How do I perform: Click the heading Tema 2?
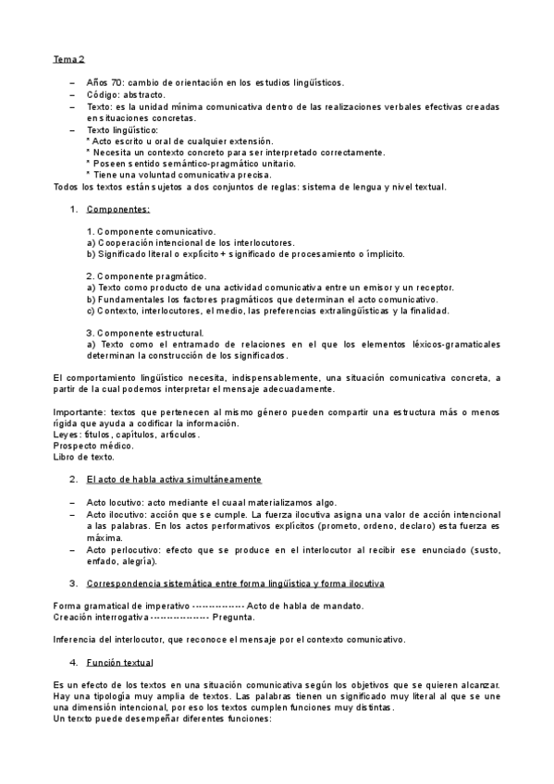(68, 59)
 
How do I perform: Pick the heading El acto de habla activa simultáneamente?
(174, 480)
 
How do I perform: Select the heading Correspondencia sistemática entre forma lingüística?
(236, 583)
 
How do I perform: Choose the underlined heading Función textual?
(120, 663)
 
